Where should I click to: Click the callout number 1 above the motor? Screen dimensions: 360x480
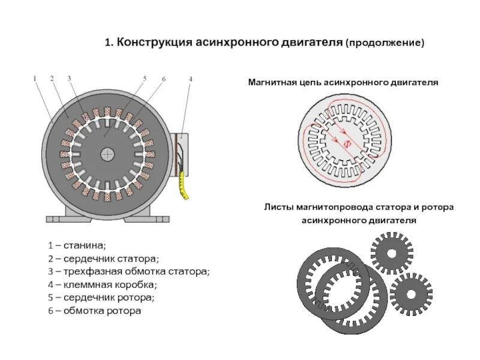(35, 78)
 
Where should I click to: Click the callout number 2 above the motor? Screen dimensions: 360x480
(52, 78)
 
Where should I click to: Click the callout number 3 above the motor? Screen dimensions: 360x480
(69, 78)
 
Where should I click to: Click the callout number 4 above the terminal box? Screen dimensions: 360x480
(190, 78)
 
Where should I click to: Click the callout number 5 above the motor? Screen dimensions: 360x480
(145, 78)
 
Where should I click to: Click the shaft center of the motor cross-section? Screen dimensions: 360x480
(107, 154)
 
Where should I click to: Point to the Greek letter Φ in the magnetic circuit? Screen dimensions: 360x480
(346, 144)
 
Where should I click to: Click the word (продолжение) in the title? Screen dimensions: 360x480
(385, 43)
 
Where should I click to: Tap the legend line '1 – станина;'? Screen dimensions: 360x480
(77, 245)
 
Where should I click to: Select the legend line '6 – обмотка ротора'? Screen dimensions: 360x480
(95, 311)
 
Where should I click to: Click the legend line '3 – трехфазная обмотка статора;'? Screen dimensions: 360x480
(130, 271)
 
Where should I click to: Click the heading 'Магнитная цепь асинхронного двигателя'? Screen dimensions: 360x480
(344, 82)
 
